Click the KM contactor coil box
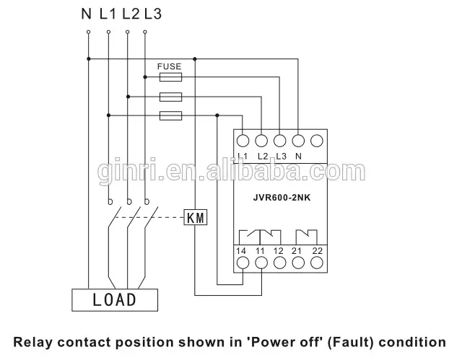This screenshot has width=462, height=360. pyautogui.click(x=196, y=217)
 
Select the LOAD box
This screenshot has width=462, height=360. pyautogui.click(x=115, y=299)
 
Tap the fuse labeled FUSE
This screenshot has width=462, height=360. pyautogui.click(x=170, y=74)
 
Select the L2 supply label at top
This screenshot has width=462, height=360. pyautogui.click(x=130, y=12)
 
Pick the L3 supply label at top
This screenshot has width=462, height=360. pyautogui.click(x=152, y=12)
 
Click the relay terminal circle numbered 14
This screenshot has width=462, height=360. pyautogui.click(x=243, y=263)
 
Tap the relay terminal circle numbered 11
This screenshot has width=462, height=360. pyautogui.click(x=261, y=263)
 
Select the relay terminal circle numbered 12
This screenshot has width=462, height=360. pyautogui.click(x=279, y=263)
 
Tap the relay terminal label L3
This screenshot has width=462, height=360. pyautogui.click(x=281, y=157)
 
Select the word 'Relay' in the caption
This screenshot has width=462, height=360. pyautogui.click(x=36, y=341)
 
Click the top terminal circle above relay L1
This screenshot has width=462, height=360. pyautogui.click(x=243, y=141)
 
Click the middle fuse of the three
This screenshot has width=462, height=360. pyautogui.click(x=170, y=95)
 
